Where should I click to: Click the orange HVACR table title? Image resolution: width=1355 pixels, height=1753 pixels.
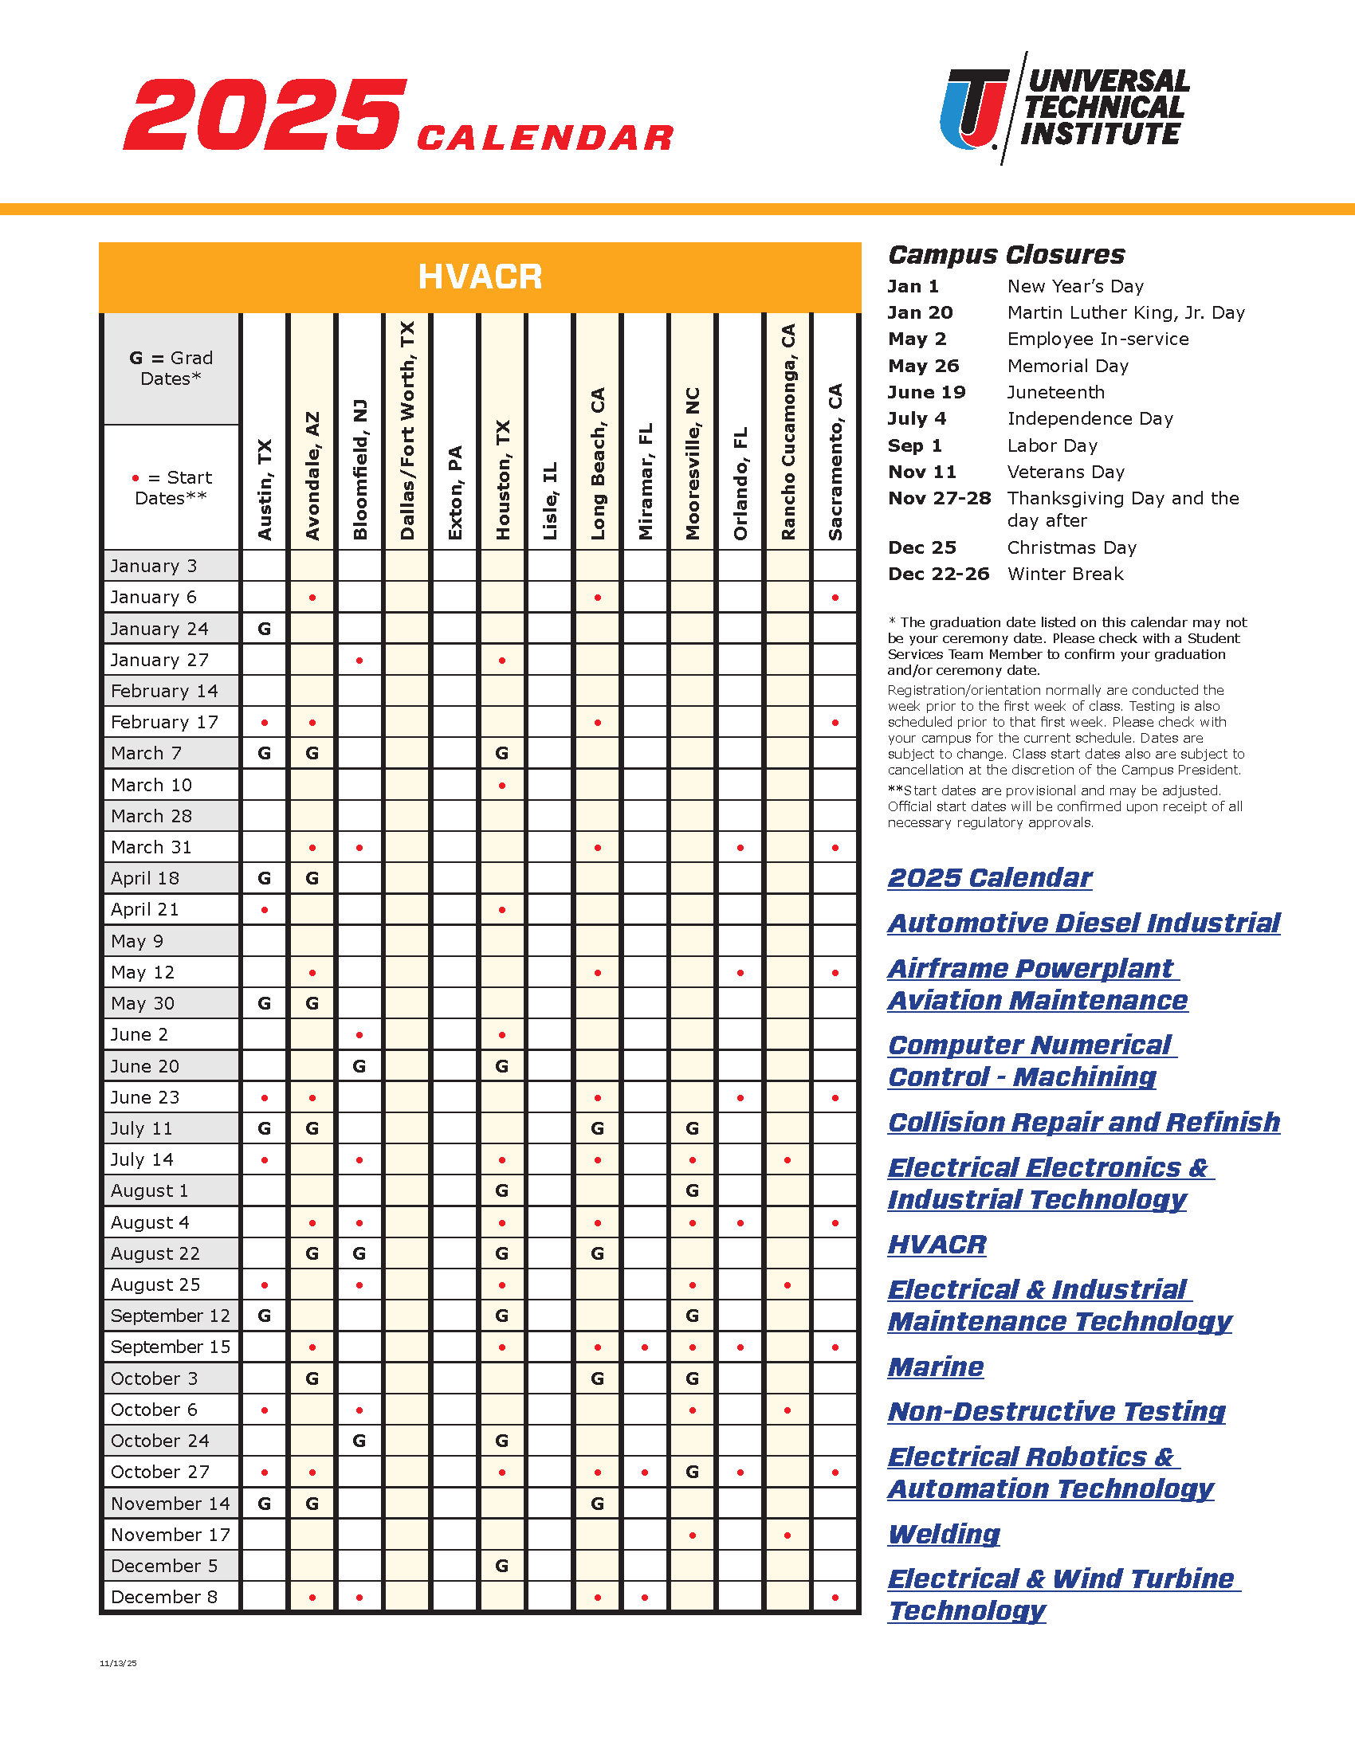coord(480,277)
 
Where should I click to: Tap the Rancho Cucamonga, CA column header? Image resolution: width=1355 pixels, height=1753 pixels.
coord(788,432)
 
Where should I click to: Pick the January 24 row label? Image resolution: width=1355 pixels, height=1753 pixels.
coord(159,629)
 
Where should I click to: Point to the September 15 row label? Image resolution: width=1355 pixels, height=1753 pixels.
coord(171,1347)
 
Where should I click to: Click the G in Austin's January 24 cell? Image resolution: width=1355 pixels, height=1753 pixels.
coord(264,629)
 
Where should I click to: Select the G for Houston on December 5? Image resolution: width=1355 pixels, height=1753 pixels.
coord(501,1565)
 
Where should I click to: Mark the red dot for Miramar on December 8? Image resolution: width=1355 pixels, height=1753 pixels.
coord(646,1598)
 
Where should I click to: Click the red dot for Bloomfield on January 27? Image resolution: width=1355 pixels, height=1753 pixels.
coord(359,661)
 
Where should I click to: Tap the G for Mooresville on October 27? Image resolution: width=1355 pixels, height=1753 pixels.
coord(692,1471)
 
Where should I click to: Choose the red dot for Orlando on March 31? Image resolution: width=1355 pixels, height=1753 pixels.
coord(740,848)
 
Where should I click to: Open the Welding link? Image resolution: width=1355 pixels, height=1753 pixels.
coord(944,1534)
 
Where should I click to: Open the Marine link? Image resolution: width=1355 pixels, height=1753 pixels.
coord(936,1366)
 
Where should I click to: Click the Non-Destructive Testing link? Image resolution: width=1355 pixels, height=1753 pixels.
coord(1056,1411)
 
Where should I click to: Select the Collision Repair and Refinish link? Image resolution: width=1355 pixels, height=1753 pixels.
coord(1084,1122)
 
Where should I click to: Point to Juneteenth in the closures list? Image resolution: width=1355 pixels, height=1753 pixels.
coord(1055,393)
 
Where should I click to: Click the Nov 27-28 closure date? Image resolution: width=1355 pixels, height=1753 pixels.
coord(939,499)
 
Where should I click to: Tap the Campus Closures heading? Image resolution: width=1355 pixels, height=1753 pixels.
coord(1006,254)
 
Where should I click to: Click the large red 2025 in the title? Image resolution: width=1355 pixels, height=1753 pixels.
coord(265,114)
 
